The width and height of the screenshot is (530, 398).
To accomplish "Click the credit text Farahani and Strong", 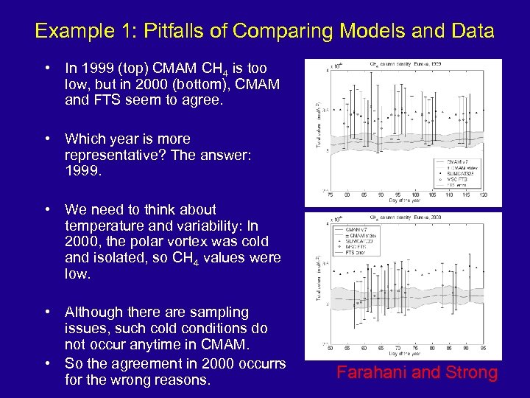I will click(x=417, y=373).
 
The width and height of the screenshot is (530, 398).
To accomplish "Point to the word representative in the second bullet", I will click(x=109, y=155).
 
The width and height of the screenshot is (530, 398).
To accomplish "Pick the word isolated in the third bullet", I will click(x=116, y=257).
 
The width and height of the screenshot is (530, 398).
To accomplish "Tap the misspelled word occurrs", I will click(x=259, y=363).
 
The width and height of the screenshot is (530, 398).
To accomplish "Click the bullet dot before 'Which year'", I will click(x=46, y=139).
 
